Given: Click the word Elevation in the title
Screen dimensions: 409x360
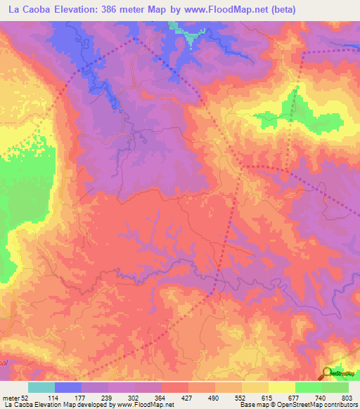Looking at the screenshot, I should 74,10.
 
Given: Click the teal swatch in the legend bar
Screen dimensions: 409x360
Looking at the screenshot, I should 41,387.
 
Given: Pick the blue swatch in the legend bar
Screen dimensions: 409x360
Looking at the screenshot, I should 67,387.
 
